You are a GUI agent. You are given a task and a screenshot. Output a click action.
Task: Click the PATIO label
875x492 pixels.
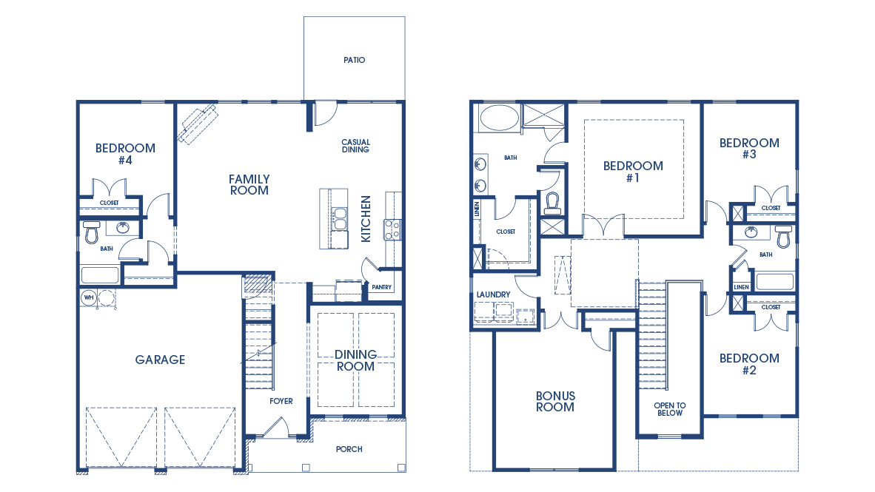354,60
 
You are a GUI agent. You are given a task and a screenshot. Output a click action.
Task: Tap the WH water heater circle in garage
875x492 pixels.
88,298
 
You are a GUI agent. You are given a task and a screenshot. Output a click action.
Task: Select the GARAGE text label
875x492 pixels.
160,360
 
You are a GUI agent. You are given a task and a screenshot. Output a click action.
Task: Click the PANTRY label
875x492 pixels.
382,288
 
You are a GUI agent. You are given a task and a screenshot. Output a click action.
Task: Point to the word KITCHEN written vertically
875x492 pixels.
366,219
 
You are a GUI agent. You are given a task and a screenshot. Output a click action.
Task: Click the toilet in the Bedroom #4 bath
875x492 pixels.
92,234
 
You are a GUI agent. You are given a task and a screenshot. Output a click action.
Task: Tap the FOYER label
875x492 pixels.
281,402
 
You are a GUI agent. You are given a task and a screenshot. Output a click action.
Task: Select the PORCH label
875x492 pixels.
349,449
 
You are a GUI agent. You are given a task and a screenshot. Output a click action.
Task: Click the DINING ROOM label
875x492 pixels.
355,360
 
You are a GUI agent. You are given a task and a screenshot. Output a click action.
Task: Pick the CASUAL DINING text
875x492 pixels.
355,146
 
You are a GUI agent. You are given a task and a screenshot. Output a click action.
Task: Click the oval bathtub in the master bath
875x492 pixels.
498,118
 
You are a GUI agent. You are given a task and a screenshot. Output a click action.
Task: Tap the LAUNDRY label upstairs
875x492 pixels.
493,294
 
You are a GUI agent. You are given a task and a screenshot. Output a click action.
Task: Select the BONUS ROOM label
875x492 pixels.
555,402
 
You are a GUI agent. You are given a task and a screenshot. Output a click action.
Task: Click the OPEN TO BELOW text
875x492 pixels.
669,409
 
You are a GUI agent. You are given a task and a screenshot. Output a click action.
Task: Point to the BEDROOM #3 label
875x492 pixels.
749,149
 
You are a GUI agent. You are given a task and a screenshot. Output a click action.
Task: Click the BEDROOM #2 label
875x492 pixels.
749,364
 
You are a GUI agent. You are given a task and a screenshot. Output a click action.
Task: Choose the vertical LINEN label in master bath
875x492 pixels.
477,209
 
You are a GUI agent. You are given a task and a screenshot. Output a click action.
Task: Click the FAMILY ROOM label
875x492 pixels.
249,184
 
